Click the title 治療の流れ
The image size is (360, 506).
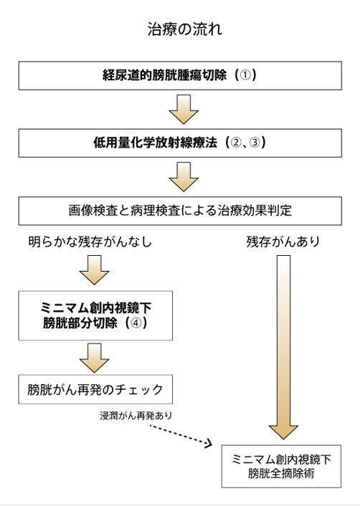click(x=185, y=29)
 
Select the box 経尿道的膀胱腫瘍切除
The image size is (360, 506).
click(x=180, y=75)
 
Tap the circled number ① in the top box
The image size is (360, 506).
click(x=245, y=75)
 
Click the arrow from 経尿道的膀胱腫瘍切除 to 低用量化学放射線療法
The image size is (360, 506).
click(x=184, y=110)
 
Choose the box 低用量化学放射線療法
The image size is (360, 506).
click(x=180, y=143)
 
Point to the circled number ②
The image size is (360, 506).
click(x=236, y=143)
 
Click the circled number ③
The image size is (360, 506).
click(x=255, y=143)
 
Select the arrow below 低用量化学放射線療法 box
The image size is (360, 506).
click(x=184, y=177)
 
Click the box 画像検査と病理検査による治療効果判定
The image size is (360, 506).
click(x=180, y=211)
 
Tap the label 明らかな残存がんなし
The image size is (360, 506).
click(x=90, y=242)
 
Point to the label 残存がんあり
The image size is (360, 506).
click(x=283, y=242)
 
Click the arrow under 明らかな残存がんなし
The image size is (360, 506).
click(x=94, y=270)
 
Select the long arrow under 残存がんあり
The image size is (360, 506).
click(x=283, y=347)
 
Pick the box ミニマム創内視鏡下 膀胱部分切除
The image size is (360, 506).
click(x=95, y=315)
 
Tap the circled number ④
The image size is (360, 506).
click(x=136, y=323)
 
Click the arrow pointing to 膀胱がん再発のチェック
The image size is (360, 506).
click(x=94, y=358)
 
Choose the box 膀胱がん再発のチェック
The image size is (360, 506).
click(x=95, y=389)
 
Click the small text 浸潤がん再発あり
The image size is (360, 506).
click(x=136, y=416)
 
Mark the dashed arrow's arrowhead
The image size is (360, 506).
click(x=209, y=443)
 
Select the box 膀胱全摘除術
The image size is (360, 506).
click(x=281, y=467)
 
